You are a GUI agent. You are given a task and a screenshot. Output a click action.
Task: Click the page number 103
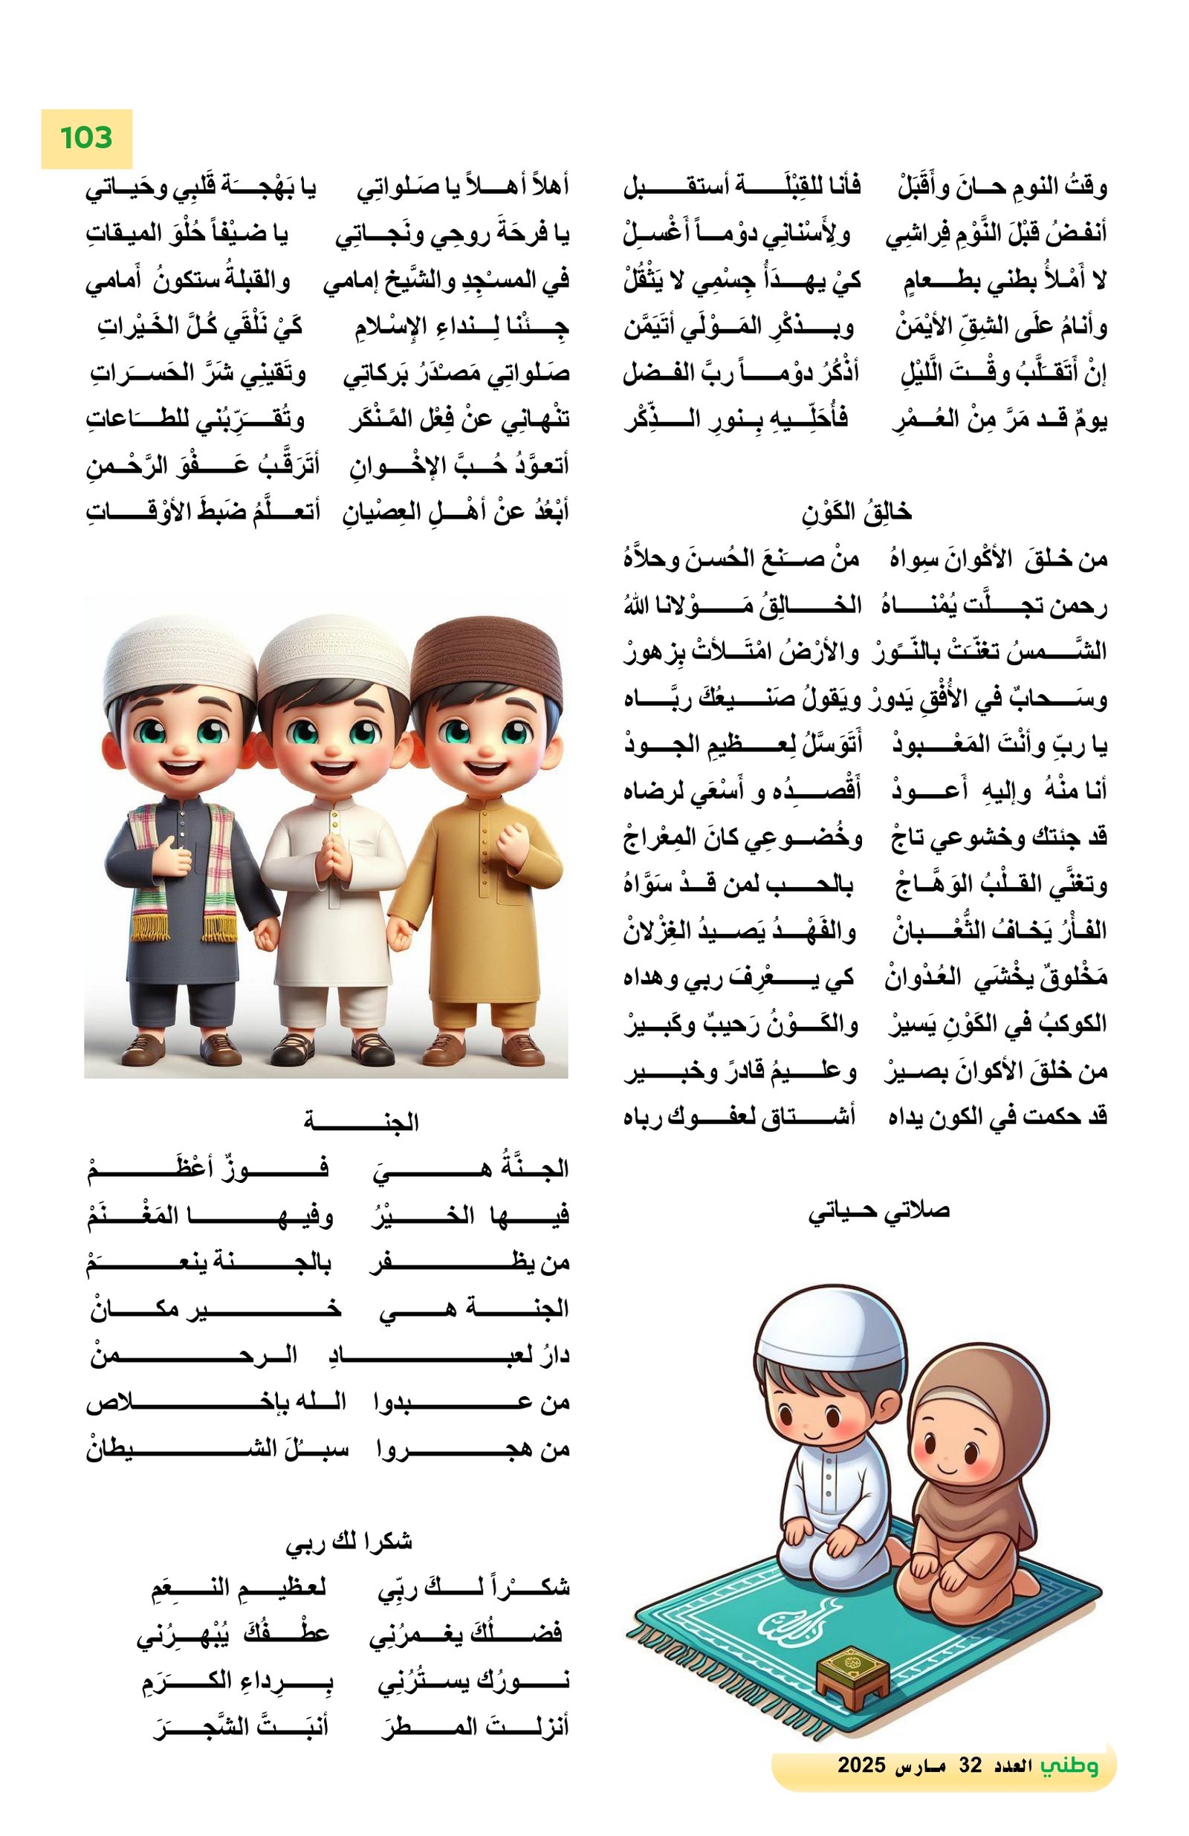click(85, 138)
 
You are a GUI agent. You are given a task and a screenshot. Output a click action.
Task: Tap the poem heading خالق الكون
click(855, 511)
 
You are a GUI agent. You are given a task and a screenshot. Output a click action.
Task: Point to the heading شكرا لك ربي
click(349, 1541)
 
